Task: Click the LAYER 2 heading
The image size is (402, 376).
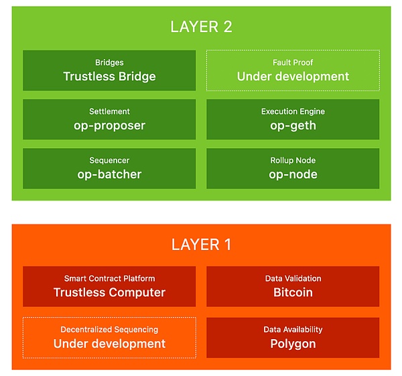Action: tap(201, 27)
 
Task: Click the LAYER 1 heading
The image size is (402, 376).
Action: tap(201, 245)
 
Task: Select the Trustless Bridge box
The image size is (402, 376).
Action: tap(109, 70)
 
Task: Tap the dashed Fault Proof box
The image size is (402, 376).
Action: tap(293, 70)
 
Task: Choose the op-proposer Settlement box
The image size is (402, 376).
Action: tap(109, 119)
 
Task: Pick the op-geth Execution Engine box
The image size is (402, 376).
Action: tap(293, 119)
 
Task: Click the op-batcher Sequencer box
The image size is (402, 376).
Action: tap(109, 168)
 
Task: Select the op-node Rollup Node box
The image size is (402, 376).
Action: tap(293, 168)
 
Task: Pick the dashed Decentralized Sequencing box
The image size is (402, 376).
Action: tap(109, 337)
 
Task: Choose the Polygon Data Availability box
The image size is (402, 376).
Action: tap(293, 337)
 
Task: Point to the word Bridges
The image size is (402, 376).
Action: tap(109, 62)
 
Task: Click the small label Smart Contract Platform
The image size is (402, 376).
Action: tap(109, 278)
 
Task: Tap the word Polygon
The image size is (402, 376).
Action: tap(293, 344)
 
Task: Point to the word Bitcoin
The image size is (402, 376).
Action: tap(293, 293)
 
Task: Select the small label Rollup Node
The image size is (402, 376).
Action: tap(293, 161)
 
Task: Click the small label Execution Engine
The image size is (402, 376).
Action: tap(293, 111)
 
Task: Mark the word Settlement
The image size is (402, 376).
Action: tap(109, 111)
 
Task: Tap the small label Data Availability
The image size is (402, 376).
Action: tap(293, 329)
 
